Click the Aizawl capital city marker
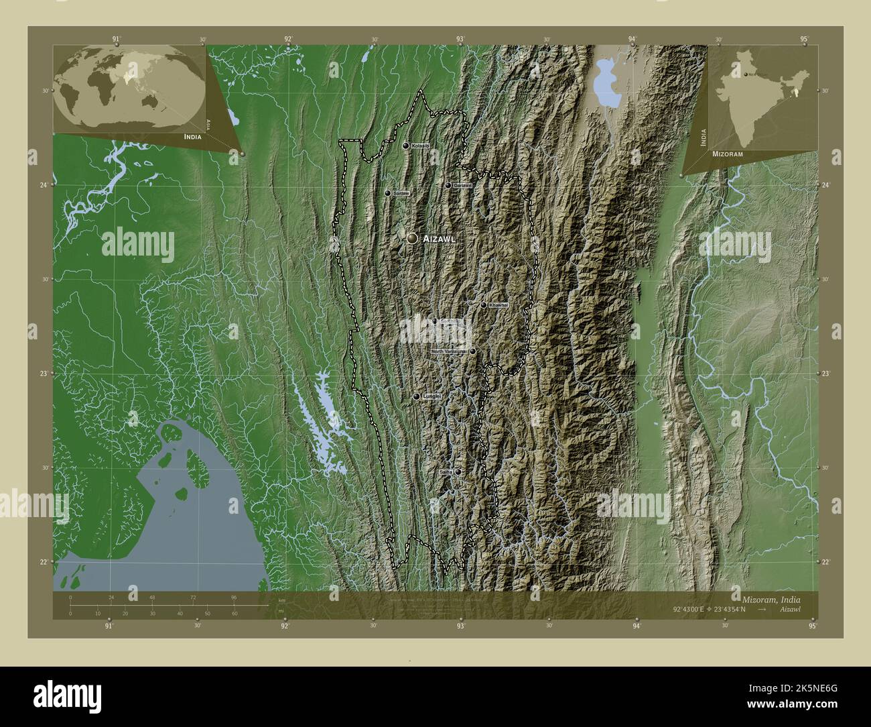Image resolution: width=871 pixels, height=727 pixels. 412,238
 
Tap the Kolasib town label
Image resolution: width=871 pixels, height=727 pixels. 420,146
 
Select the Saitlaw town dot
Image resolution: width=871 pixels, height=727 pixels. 387,193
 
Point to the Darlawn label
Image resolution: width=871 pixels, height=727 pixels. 463,185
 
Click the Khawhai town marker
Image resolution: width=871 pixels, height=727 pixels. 484,305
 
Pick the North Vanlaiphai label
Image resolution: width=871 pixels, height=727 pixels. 449,351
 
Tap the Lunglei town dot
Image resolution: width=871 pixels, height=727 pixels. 416,397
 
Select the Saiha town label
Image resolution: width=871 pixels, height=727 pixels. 446,472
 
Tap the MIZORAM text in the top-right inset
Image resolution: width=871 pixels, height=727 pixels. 728,154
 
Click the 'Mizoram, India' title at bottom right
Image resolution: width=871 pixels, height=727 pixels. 770,598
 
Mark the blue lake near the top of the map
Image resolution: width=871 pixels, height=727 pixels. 606,84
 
